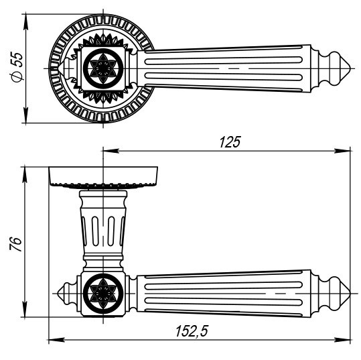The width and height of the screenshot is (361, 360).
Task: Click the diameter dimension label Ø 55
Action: pyautogui.click(x=17, y=67)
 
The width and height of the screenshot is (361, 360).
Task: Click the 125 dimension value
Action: pyautogui.click(x=230, y=141)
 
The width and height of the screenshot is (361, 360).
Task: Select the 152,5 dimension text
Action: pyautogui.click(x=192, y=331)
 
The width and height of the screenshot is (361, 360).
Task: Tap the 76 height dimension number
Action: pyautogui.click(x=15, y=244)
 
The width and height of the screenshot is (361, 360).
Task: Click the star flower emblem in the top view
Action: pyautogui.click(x=103, y=68)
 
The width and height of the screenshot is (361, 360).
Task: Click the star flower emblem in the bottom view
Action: pyautogui.click(x=103, y=293)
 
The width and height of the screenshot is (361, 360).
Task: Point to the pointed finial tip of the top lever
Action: pyautogui.click(x=350, y=68)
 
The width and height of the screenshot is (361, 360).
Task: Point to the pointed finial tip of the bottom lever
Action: pyautogui.click(x=350, y=294)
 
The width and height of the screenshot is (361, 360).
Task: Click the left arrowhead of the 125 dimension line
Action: pyautogui.click(x=110, y=151)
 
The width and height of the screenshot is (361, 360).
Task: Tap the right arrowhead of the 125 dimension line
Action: pyautogui.click(x=342, y=151)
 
